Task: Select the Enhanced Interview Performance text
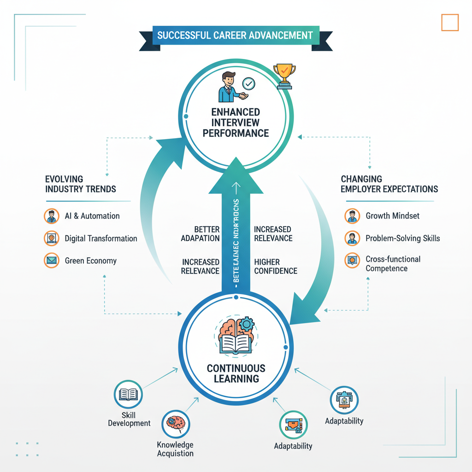click(x=236, y=123)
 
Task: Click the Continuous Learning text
click(x=236, y=373)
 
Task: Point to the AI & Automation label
click(x=92, y=216)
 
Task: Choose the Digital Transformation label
click(x=101, y=238)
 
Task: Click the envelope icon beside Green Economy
click(x=51, y=260)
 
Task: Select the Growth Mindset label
click(x=392, y=216)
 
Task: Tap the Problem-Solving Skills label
click(x=402, y=238)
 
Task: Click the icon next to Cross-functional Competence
click(x=352, y=260)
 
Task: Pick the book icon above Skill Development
click(x=128, y=395)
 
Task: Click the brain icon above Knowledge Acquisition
click(x=176, y=423)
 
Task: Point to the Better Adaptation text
click(x=200, y=234)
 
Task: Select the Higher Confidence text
click(x=275, y=266)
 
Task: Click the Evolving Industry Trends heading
click(x=81, y=184)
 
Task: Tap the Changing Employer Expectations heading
click(x=389, y=184)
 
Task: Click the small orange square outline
click(x=450, y=22)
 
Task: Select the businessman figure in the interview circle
click(x=228, y=87)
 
